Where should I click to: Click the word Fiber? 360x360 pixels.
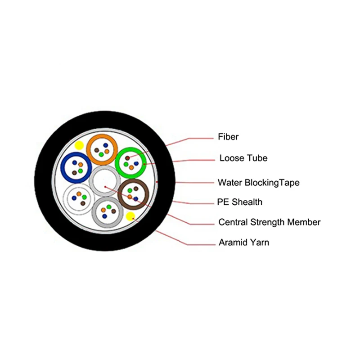pos(228,136)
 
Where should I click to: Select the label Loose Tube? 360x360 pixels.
pos(243,158)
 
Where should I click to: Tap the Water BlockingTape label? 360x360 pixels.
pos(258,183)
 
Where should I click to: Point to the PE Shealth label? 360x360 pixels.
pos(240,202)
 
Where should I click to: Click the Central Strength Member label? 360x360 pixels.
pos(269,222)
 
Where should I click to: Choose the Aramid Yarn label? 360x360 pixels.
pos(243,243)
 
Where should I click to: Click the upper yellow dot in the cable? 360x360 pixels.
pos(79,145)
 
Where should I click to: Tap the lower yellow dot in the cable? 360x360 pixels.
pos(131,216)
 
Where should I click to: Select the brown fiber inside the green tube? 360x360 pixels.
pos(127,158)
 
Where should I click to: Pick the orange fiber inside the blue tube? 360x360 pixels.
pos(80,165)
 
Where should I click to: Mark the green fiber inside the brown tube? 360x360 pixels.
pos(130,191)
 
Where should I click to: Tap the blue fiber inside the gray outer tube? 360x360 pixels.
pos(104,216)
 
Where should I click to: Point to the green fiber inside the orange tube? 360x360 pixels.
pos(101,154)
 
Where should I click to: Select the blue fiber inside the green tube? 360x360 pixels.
pos(135,163)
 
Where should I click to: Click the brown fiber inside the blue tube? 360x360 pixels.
pos(74,172)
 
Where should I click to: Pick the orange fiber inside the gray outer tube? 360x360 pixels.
pos(108,207)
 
